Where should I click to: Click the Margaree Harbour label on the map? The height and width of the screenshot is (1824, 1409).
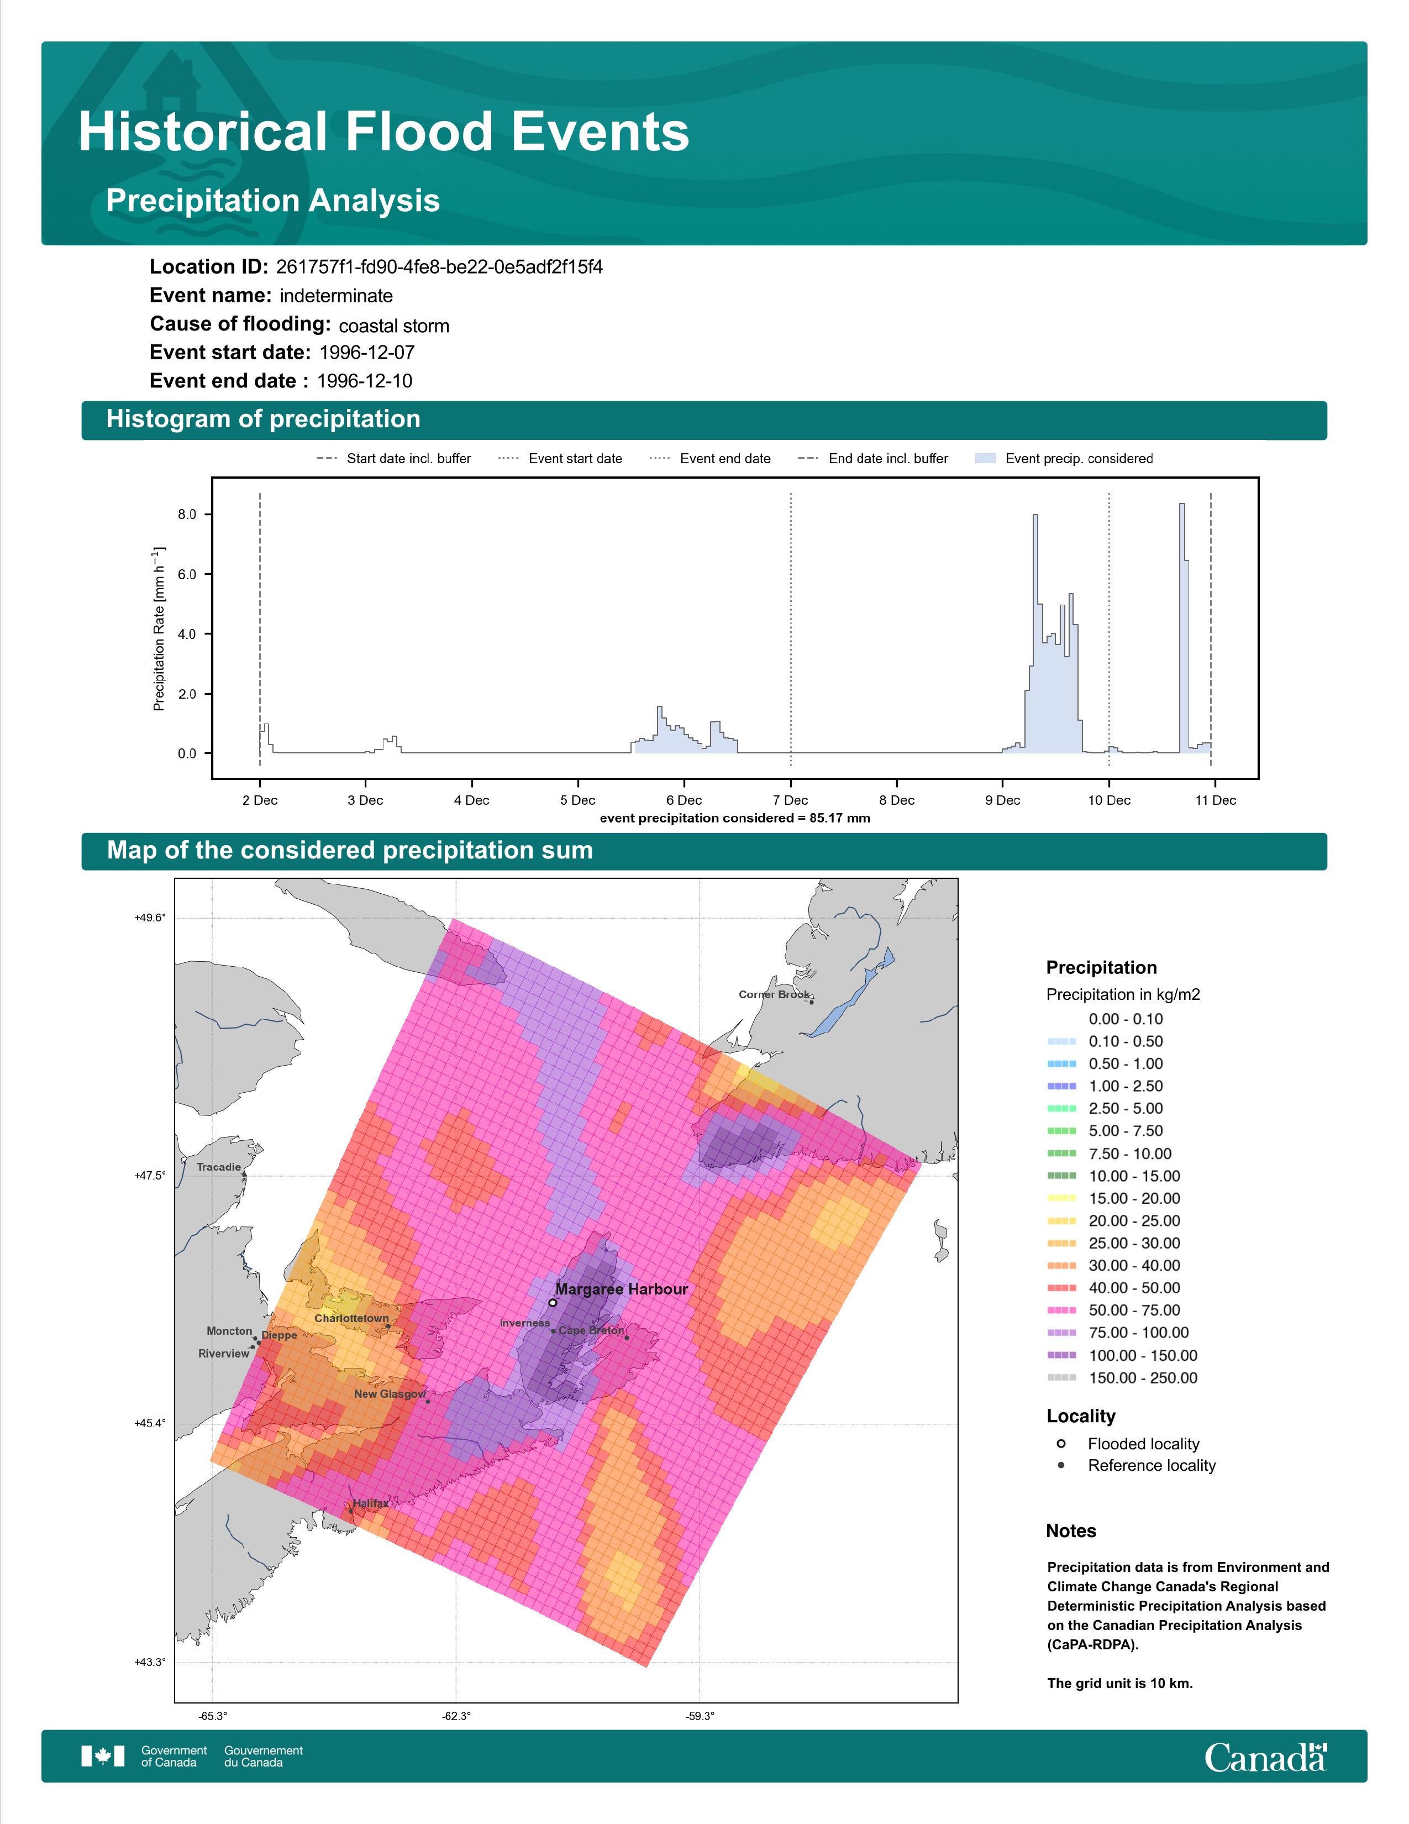622,1290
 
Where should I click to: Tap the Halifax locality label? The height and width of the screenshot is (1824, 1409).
371,1503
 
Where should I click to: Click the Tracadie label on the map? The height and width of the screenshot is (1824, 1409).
219,1167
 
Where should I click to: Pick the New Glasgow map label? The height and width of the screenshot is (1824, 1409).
390,1394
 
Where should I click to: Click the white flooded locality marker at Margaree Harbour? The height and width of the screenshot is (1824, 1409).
553,1302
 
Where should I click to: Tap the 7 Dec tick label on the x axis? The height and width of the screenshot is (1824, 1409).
791,800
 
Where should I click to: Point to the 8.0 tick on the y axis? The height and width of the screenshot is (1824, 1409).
187,515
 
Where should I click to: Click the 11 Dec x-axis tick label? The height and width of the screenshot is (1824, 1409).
1216,800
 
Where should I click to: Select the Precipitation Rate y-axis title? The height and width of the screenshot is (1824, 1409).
160,629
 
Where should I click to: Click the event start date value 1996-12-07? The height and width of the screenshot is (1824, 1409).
367,353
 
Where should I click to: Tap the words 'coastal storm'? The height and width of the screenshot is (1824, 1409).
394,326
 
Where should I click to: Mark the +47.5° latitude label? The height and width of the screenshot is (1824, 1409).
150,1175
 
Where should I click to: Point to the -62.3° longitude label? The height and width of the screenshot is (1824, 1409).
456,1716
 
